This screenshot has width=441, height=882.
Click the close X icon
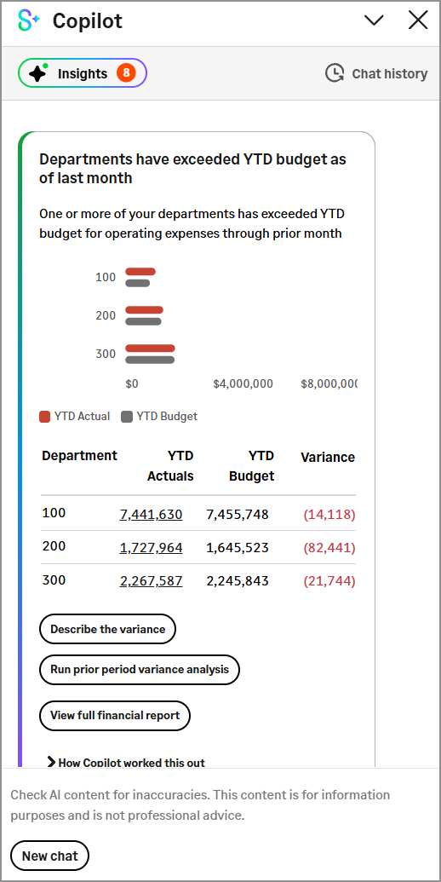tap(418, 20)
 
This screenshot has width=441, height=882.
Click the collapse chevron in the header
tap(374, 20)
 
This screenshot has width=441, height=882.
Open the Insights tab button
tap(82, 73)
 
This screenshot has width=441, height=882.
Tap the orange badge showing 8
tap(126, 73)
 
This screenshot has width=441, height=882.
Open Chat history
tap(376, 73)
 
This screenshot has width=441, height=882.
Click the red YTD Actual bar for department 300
tap(150, 348)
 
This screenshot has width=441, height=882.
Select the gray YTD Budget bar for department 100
tap(137, 283)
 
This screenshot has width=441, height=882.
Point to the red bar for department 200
tap(144, 310)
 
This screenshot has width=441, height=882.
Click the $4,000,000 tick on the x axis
tap(243, 383)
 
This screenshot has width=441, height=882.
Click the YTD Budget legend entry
tap(159, 417)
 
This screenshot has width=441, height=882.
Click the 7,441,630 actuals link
tap(151, 514)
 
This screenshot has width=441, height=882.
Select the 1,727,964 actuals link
tap(151, 547)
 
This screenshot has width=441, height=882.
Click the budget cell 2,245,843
tap(237, 581)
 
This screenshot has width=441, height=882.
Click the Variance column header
tap(327, 458)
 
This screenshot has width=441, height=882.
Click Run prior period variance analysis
tap(140, 670)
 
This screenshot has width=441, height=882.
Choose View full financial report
tap(115, 715)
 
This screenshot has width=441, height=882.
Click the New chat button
tap(49, 856)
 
